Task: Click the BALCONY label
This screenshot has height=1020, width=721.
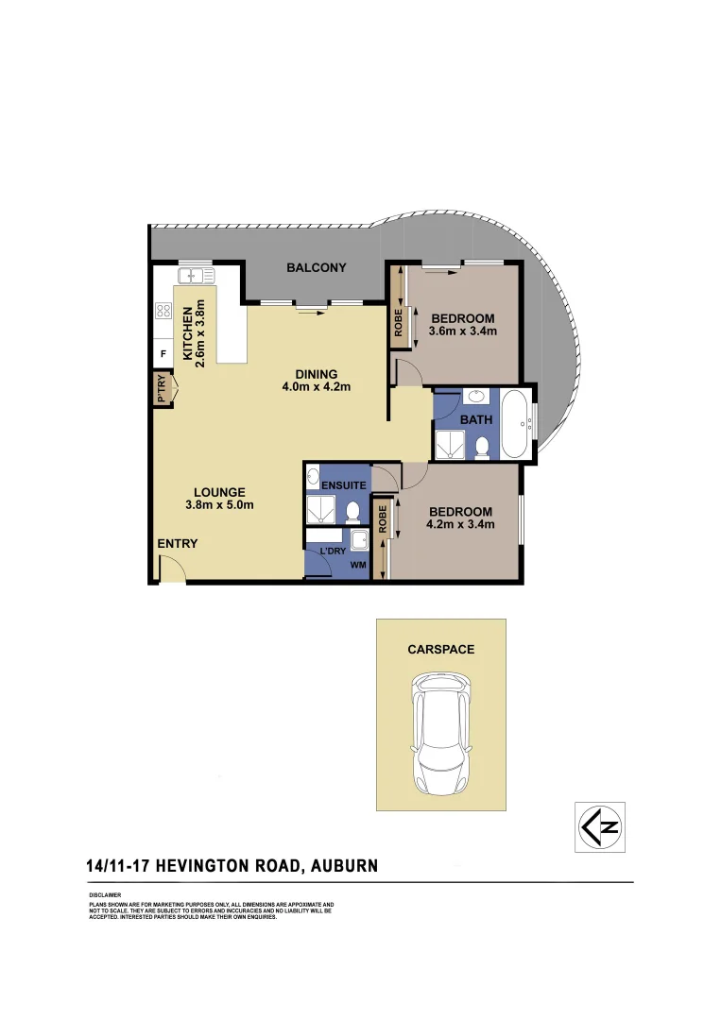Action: pyautogui.click(x=317, y=268)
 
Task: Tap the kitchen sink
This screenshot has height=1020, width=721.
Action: pyautogui.click(x=197, y=276)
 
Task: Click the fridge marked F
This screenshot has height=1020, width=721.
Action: pyautogui.click(x=163, y=354)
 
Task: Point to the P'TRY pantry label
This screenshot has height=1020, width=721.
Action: pyautogui.click(x=162, y=389)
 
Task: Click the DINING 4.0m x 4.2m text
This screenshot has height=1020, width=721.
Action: pyautogui.click(x=316, y=380)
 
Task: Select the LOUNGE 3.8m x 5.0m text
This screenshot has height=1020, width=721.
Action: pyautogui.click(x=219, y=498)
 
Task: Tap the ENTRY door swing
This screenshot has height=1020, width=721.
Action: pyautogui.click(x=172, y=569)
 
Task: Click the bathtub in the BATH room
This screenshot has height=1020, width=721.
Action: pyautogui.click(x=515, y=424)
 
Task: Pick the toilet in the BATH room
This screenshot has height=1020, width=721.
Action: pyautogui.click(x=482, y=446)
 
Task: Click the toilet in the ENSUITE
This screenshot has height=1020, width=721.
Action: pyautogui.click(x=352, y=512)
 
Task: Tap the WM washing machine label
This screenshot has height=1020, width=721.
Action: pyautogui.click(x=357, y=566)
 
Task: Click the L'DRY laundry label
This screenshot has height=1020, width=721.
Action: pyautogui.click(x=332, y=551)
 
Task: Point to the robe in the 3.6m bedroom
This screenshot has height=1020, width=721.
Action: pyautogui.click(x=400, y=323)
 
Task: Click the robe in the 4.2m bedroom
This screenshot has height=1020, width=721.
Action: pyautogui.click(x=383, y=536)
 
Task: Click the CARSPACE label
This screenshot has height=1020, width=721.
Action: pyautogui.click(x=440, y=650)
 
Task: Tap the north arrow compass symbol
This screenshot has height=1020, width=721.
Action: pyautogui.click(x=599, y=827)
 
